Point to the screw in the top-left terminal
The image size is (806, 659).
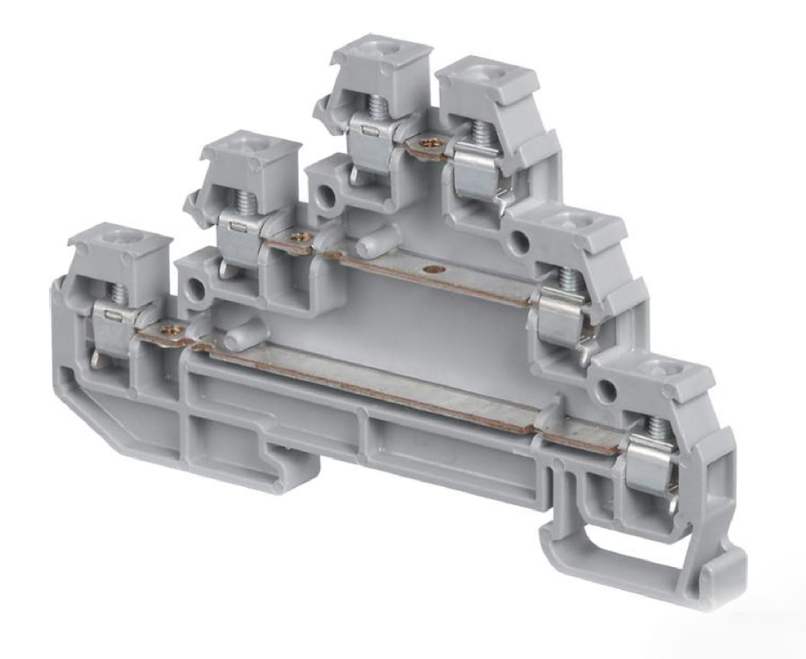coord(376,107)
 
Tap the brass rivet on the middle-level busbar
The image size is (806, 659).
coord(299,237)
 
